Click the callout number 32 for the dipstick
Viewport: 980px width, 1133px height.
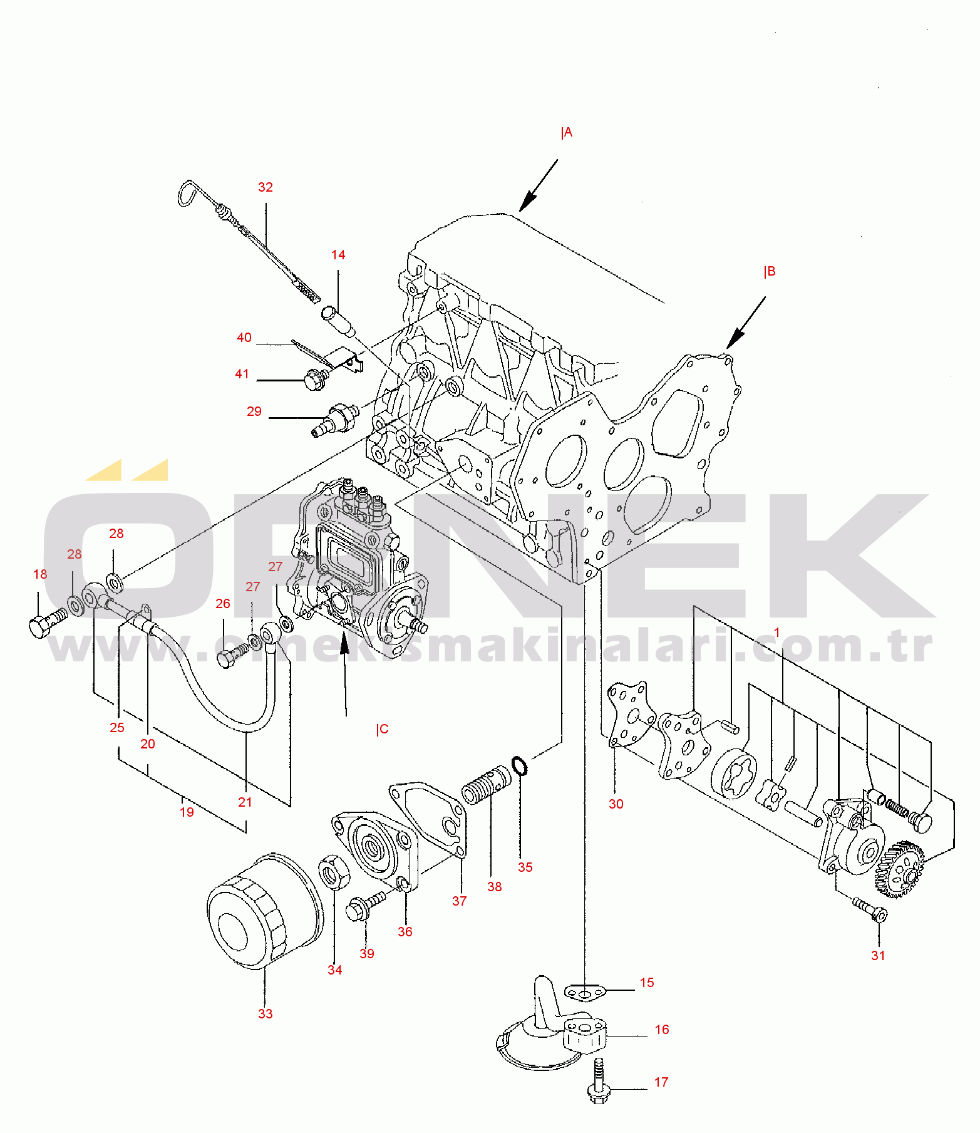[x=266, y=187]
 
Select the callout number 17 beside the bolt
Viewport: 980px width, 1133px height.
[x=661, y=1082]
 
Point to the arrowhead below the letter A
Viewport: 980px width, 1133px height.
[x=528, y=201]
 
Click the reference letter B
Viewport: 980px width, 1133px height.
[x=770, y=271]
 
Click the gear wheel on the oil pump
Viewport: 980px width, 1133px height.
[x=899, y=869]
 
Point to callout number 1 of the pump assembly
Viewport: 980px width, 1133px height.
[x=777, y=633]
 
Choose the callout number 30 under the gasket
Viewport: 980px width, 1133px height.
[x=616, y=804]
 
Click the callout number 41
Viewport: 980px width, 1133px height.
[x=242, y=374]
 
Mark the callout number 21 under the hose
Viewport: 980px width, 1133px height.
[x=245, y=802]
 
